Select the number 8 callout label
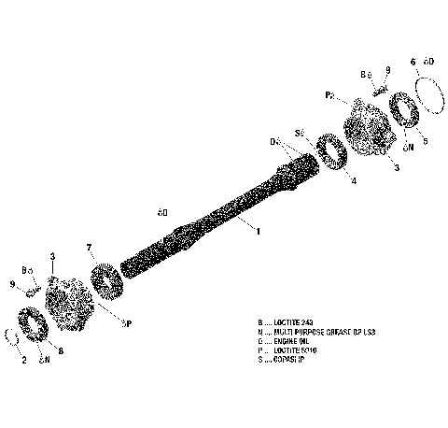[61, 351]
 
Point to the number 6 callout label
[413, 62]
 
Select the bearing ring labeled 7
[108, 278]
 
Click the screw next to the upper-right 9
[377, 90]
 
